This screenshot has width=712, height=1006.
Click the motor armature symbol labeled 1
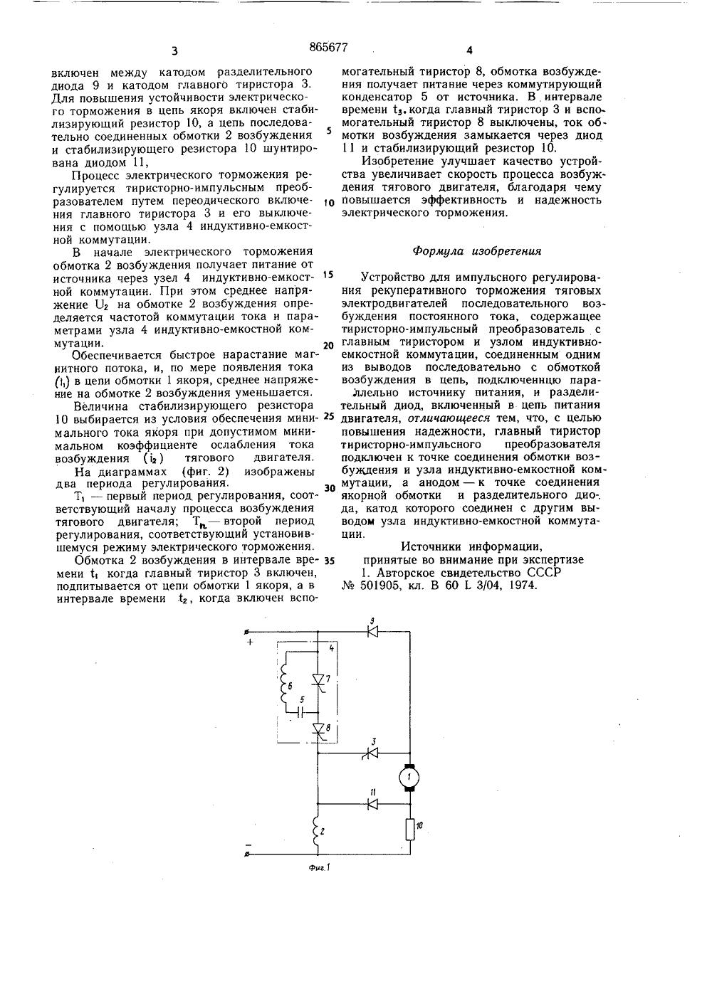coord(409,777)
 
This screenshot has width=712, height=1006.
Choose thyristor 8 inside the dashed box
coord(318,729)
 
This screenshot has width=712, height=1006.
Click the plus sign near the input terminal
coord(251,642)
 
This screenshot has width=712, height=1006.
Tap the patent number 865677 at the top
coord(328,48)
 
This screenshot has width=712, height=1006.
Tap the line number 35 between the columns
coord(328,560)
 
